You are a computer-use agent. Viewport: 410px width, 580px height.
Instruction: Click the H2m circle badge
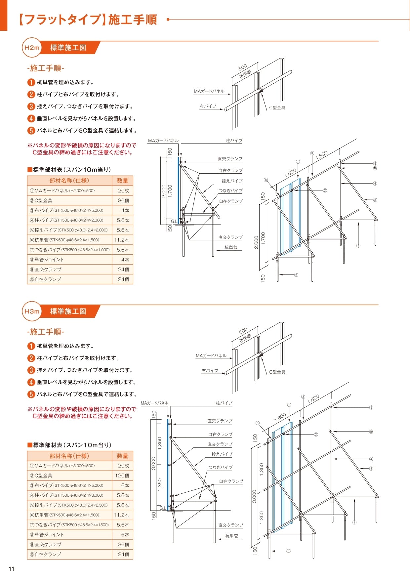[x=32, y=48]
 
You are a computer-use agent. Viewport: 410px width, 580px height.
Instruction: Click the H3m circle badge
[x=32, y=311]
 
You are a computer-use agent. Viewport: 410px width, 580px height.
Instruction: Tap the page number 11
[x=12, y=569]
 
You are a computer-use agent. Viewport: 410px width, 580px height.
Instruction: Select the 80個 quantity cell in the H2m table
[x=123, y=200]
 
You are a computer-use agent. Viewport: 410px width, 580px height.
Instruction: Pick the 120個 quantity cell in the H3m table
[x=122, y=476]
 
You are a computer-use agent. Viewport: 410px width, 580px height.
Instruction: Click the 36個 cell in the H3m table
[x=123, y=544]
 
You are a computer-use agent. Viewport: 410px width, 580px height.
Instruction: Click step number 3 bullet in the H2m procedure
[x=31, y=106]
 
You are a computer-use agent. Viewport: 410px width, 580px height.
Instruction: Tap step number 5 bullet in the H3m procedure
[x=31, y=394]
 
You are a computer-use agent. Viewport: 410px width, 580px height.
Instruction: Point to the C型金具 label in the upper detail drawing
[x=277, y=107]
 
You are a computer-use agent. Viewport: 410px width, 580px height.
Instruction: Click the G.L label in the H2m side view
[x=174, y=221]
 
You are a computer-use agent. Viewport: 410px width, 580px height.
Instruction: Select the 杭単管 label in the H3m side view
[x=231, y=536]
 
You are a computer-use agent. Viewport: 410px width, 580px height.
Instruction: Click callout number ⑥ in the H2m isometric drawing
[x=296, y=275]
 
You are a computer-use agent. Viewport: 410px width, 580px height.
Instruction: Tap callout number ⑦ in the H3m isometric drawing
[x=354, y=522]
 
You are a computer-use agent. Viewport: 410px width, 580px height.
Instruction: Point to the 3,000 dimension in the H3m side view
[x=153, y=463]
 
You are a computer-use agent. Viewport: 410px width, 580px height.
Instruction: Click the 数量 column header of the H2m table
[x=122, y=181]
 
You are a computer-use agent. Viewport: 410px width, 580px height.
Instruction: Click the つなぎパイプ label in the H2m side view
[x=230, y=191]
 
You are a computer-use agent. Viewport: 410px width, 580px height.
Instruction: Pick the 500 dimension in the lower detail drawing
[x=243, y=330]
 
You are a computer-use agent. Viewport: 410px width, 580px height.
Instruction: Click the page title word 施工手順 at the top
[x=132, y=20]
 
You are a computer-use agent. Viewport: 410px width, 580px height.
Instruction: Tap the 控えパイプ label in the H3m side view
[x=222, y=454]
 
